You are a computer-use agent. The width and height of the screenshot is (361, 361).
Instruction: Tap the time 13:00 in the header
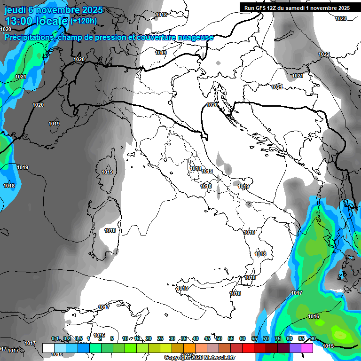(x=21, y=21)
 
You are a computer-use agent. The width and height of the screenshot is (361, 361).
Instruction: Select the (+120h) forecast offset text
(x=83, y=21)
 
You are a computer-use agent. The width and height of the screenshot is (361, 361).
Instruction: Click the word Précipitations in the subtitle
(x=29, y=37)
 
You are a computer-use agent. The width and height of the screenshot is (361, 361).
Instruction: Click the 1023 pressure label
(x=341, y=18)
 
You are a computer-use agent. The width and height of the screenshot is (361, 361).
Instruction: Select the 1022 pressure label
(x=324, y=55)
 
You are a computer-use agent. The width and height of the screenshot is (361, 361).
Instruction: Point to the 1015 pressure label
(x=328, y=346)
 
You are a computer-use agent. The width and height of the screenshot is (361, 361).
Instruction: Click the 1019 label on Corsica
(x=107, y=172)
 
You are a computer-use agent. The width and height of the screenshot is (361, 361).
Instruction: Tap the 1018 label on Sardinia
(x=110, y=230)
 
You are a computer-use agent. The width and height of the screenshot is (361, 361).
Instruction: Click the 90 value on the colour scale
(x=313, y=338)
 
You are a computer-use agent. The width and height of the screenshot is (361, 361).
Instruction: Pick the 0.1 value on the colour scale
(x=55, y=338)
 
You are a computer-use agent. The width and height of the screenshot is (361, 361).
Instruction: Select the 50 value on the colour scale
(x=219, y=338)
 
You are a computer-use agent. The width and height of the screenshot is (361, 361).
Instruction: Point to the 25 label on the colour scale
(x=160, y=338)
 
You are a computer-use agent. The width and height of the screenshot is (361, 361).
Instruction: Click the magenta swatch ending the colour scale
(x=307, y=348)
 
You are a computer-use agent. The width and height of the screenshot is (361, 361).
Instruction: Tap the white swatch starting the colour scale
(x=48, y=348)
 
